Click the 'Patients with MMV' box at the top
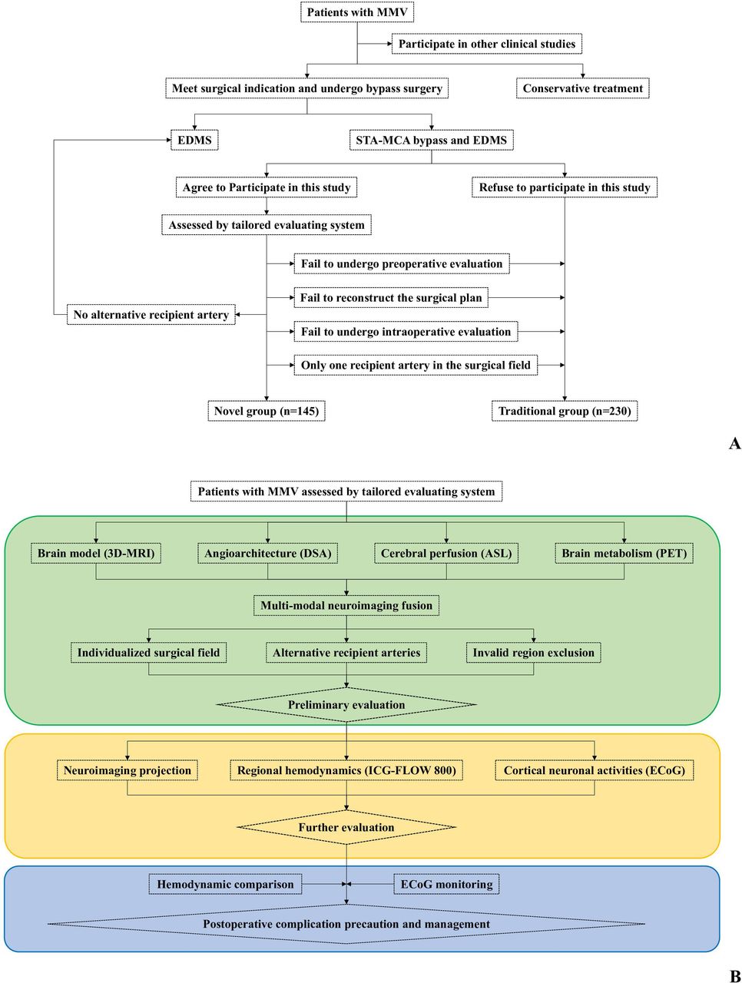pyautogui.click(x=357, y=12)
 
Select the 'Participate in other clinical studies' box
pyautogui.click(x=486, y=45)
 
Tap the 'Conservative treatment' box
pyautogui.click(x=582, y=88)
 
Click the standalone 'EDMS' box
pyautogui.click(x=194, y=141)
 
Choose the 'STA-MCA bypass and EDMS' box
pyautogui.click(x=431, y=141)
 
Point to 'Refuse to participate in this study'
pyautogui.click(x=565, y=187)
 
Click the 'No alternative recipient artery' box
pyautogui.click(x=151, y=315)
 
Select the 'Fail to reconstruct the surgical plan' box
pyautogui.click(x=391, y=298)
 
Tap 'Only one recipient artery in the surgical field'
pyautogui.click(x=416, y=366)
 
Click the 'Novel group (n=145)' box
pyautogui.click(x=266, y=412)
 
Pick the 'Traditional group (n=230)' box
pyautogui.click(x=565, y=412)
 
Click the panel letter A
pyautogui.click(x=734, y=444)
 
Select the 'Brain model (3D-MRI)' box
pyautogui.click(x=96, y=554)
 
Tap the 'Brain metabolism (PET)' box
pyautogui.click(x=624, y=554)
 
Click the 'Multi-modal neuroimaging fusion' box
pyautogui.click(x=346, y=606)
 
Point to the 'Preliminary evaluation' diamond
pyautogui.click(x=346, y=705)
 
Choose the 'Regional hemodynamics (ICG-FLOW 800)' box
pyautogui.click(x=346, y=771)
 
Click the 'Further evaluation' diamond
pyautogui.click(x=346, y=828)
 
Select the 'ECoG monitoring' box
pyautogui.click(x=446, y=885)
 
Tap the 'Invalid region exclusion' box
pyautogui.click(x=533, y=654)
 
